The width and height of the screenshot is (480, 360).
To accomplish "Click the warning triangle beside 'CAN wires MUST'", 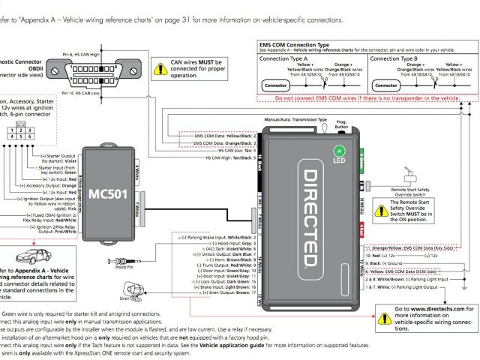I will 158,68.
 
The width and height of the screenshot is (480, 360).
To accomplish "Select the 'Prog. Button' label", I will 340,124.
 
